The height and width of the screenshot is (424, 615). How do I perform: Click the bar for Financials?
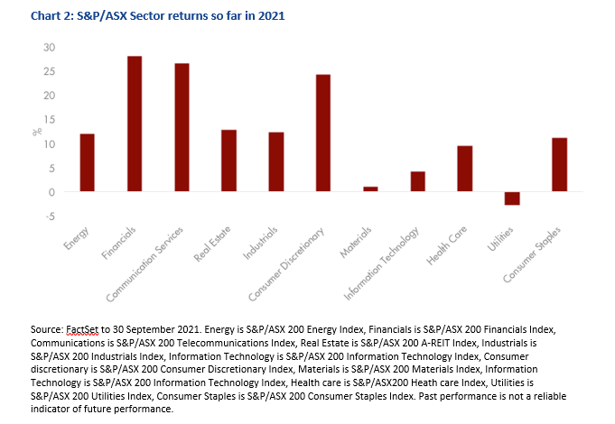(135, 124)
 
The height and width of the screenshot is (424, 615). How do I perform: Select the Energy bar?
(88, 163)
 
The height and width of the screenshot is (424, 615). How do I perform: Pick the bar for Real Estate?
(228, 161)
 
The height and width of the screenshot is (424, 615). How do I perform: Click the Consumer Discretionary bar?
(322, 134)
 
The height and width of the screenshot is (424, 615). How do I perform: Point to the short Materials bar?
(370, 189)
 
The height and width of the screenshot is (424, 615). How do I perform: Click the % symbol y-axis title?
(37, 132)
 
